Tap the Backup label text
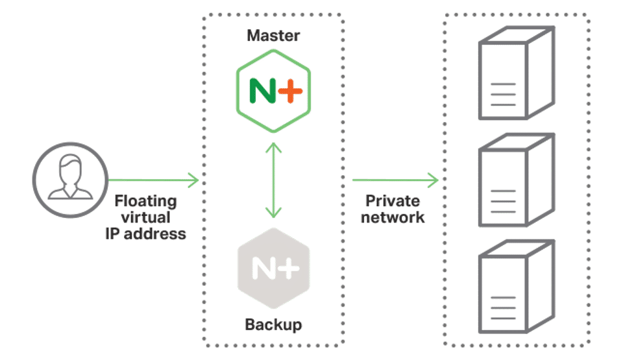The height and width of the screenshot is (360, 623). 273,324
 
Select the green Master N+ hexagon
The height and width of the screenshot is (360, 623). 273,91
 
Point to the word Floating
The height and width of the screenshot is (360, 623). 146,201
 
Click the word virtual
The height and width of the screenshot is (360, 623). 145,217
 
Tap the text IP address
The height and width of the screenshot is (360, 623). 145,234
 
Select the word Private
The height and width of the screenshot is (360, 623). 393,201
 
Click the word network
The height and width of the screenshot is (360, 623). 393,217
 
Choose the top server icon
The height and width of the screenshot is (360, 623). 517,75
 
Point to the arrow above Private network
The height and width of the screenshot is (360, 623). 395,180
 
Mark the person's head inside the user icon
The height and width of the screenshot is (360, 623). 69,170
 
